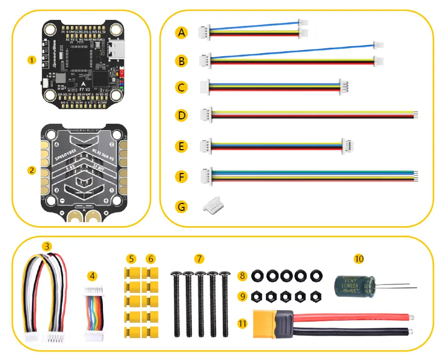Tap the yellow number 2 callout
(32, 170)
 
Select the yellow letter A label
(182, 33)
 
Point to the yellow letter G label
(182, 205)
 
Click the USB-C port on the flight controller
(115, 50)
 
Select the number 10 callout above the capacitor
(359, 259)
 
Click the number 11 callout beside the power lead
(243, 323)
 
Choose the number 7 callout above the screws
(199, 259)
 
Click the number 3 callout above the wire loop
(47, 246)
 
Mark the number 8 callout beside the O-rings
(243, 275)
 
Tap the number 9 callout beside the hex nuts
(243, 296)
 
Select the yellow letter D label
(182, 116)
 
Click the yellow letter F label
(182, 176)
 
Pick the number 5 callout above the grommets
(131, 259)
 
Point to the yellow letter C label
(182, 88)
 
